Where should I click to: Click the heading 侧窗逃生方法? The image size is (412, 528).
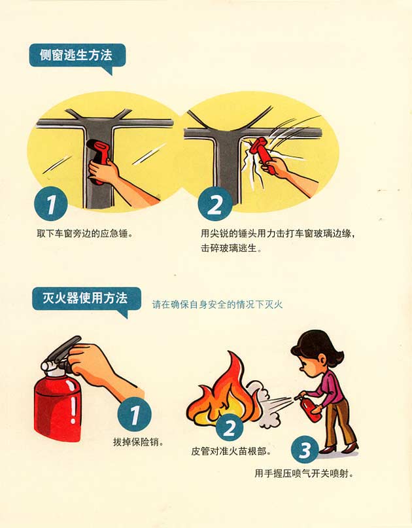[76, 55]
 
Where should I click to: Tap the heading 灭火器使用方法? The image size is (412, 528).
[85, 298]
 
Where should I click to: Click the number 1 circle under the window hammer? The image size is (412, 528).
[51, 203]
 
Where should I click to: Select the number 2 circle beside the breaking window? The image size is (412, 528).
[215, 203]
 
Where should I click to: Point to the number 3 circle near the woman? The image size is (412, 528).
[305, 449]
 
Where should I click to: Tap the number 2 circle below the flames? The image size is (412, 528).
[230, 428]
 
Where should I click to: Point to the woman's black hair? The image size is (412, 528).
[317, 345]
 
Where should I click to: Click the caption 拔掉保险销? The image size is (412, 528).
[139, 442]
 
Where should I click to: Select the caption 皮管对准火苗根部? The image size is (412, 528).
[231, 451]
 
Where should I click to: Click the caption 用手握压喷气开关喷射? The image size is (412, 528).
[304, 474]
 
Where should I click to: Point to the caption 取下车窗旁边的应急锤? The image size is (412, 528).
[84, 234]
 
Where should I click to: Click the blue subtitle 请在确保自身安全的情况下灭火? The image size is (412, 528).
[217, 304]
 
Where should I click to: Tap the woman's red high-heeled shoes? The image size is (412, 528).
[338, 448]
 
